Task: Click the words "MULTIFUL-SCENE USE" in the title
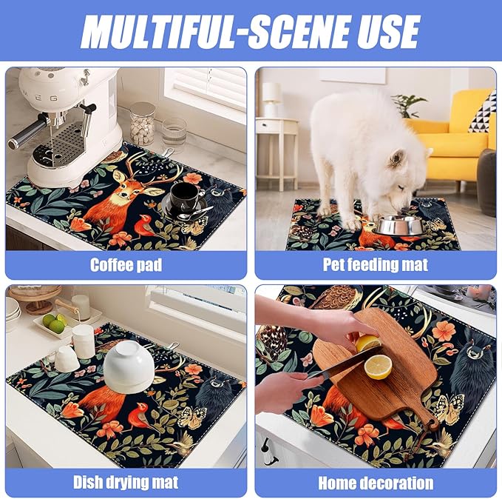(250, 30)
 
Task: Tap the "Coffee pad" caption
(125, 264)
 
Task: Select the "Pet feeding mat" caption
(376, 264)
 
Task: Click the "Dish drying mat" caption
(125, 483)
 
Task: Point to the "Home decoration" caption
(376, 483)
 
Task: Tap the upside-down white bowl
(128, 366)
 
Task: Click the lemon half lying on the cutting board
(378, 366)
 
